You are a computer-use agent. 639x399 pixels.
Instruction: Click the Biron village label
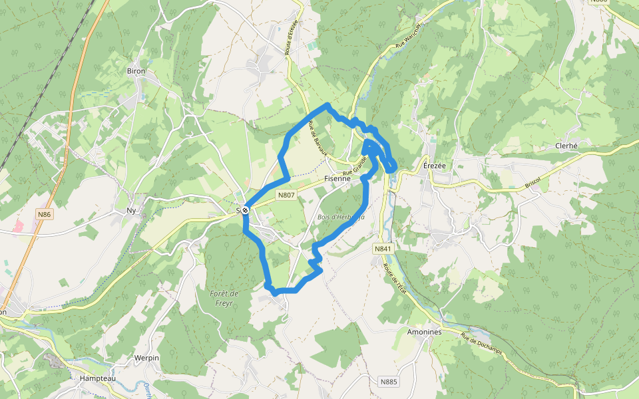(136, 71)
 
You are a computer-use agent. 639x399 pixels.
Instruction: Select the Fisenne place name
(337, 179)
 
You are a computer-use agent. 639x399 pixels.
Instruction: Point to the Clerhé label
(568, 146)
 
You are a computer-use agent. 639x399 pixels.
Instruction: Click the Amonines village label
(424, 331)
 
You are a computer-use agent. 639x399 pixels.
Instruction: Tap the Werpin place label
(146, 358)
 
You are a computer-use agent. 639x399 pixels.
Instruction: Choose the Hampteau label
(97, 378)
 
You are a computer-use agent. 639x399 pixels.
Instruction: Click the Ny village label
(131, 211)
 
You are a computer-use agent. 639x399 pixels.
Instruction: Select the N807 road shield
(286, 195)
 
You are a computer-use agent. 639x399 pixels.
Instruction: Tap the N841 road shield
(382, 249)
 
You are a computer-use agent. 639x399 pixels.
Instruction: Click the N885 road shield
(389, 382)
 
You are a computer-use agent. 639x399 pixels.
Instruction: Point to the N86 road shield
(44, 214)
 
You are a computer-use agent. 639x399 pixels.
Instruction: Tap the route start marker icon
(246, 210)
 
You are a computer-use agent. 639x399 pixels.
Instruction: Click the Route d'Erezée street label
(292, 41)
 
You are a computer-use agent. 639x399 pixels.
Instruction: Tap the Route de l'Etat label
(393, 277)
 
